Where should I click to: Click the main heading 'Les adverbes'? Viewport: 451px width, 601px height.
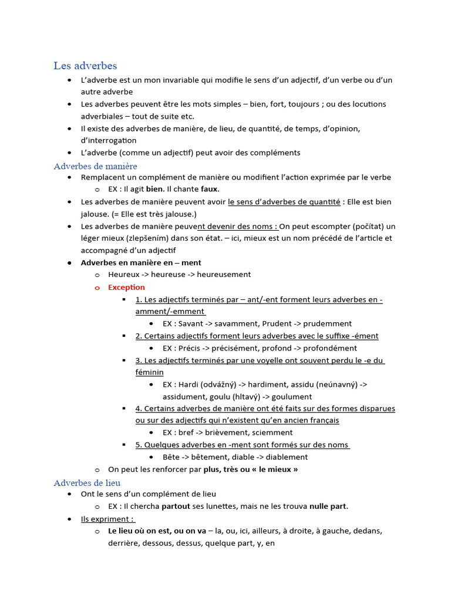click(85, 66)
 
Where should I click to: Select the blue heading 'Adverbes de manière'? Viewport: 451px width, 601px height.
click(95, 166)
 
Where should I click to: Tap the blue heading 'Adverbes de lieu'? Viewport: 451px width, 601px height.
click(87, 482)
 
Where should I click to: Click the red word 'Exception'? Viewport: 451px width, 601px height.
click(126, 287)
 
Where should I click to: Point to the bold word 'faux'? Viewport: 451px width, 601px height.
click(209, 189)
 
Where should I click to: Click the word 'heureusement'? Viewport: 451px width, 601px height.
click(224, 274)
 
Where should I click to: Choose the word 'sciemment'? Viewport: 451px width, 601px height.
click(270, 433)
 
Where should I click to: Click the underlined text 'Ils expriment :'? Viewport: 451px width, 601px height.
click(108, 519)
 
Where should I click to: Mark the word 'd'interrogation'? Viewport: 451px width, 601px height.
click(109, 140)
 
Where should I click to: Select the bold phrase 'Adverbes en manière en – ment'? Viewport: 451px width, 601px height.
click(141, 262)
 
